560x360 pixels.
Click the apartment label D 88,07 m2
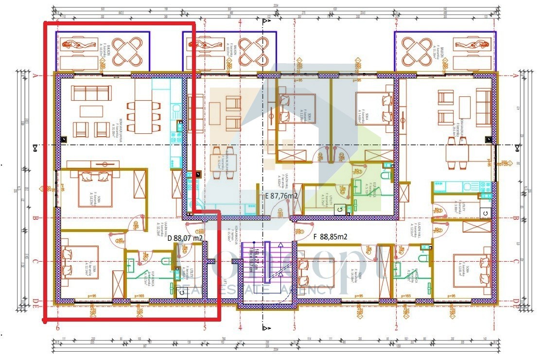[185, 238]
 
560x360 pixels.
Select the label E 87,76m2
[280, 196]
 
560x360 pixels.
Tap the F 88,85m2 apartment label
[331, 237]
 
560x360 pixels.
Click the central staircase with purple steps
[267, 263]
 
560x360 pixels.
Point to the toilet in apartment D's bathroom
[165, 262]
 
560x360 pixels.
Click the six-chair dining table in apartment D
[143, 116]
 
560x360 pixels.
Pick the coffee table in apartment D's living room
[91, 111]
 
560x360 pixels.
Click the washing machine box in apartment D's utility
[182, 292]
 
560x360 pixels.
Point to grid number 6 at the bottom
[58, 328]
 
